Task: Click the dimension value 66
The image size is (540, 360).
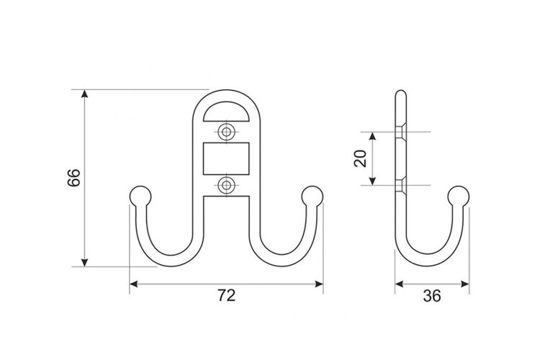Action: point(73,178)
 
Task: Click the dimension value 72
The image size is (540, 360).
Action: point(226,295)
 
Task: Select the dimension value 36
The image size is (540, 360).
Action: point(432,296)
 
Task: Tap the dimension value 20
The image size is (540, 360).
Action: point(360,158)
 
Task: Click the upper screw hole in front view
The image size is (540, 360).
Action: point(226,131)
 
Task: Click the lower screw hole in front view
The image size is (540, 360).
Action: point(226,185)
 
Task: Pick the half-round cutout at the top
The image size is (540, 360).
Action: point(226,112)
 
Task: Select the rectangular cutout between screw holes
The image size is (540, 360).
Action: point(226,158)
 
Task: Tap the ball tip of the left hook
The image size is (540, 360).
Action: point(140,197)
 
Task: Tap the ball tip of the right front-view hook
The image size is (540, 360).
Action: point(312,197)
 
